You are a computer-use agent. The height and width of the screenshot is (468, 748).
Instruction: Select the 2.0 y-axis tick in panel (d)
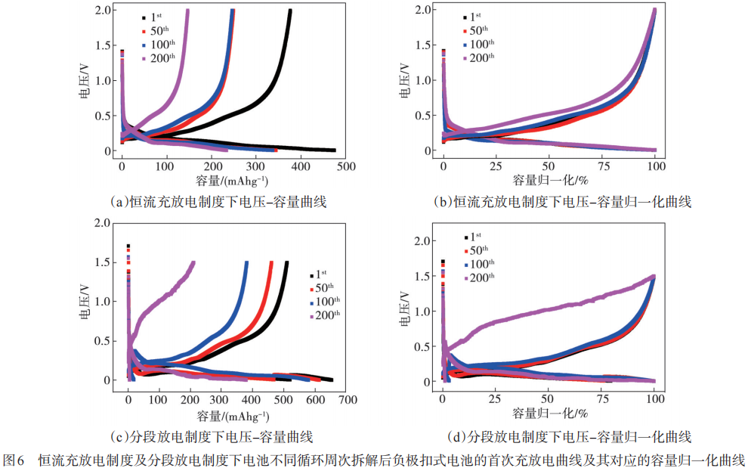pyautogui.click(x=428, y=241)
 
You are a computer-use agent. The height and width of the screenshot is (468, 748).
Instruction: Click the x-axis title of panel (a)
pyautogui.click(x=233, y=181)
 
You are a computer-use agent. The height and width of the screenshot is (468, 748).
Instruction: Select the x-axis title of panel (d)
pyautogui.click(x=550, y=414)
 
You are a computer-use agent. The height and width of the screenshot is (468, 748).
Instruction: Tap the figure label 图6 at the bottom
pyautogui.click(x=15, y=459)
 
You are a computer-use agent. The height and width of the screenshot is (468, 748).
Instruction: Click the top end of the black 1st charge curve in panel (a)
pyautogui.click(x=290, y=11)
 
